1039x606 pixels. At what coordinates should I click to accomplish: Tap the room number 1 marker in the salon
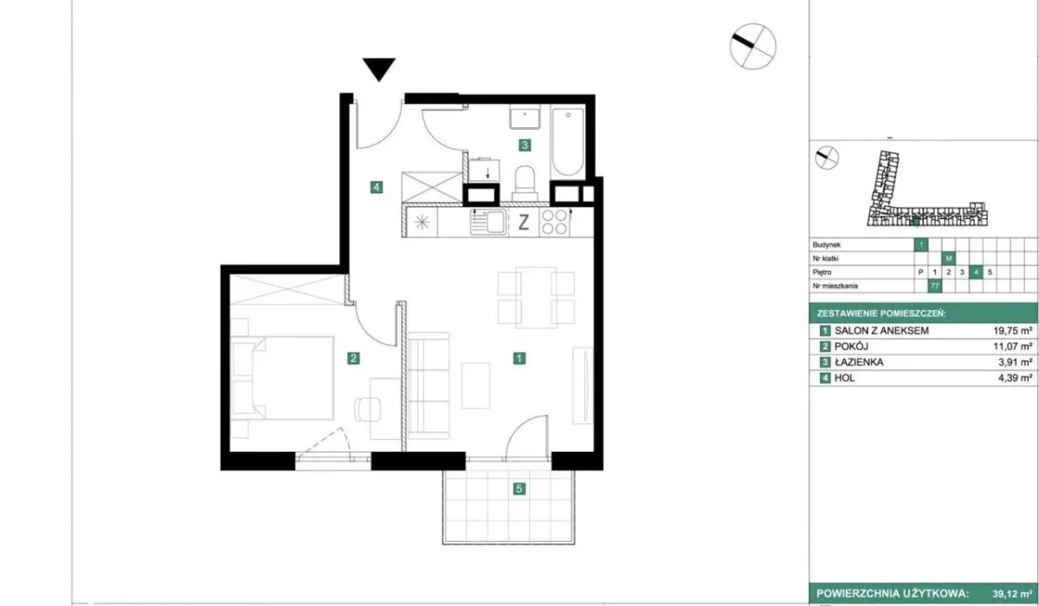click(518, 357)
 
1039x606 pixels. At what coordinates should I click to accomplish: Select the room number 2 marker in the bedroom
click(352, 357)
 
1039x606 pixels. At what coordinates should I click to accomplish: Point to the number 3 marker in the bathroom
click(524, 145)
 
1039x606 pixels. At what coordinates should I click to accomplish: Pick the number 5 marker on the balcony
click(519, 489)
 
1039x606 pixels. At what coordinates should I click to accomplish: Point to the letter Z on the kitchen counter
click(523, 222)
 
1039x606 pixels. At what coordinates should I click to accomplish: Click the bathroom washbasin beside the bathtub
click(525, 117)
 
